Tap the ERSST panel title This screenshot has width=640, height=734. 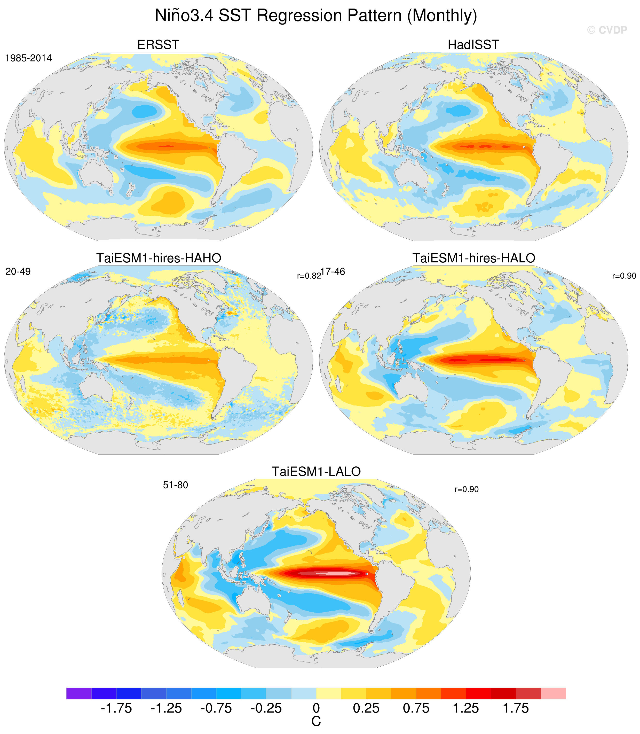[158, 45]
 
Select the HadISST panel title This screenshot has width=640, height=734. [473, 45]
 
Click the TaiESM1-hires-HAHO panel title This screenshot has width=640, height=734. [159, 258]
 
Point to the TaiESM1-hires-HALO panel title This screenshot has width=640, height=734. [474, 258]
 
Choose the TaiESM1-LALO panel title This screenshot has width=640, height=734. [316, 471]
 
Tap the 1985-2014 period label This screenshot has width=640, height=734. [29, 58]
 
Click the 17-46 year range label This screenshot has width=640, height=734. [333, 272]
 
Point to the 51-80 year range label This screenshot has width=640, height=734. [175, 485]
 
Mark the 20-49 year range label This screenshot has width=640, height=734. [18, 272]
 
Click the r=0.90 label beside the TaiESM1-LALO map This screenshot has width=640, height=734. [467, 489]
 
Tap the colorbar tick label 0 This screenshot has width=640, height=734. [316, 708]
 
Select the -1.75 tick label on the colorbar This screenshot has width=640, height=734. [116, 708]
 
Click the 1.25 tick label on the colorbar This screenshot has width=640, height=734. [466, 708]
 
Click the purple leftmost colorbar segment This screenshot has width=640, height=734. [79, 693]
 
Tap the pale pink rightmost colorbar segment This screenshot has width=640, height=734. [553, 693]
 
